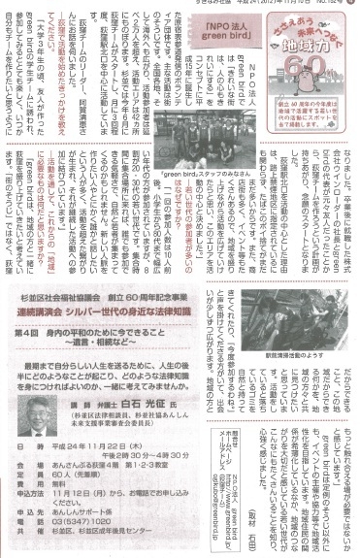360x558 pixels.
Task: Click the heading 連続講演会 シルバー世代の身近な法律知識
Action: click(x=105, y=324)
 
